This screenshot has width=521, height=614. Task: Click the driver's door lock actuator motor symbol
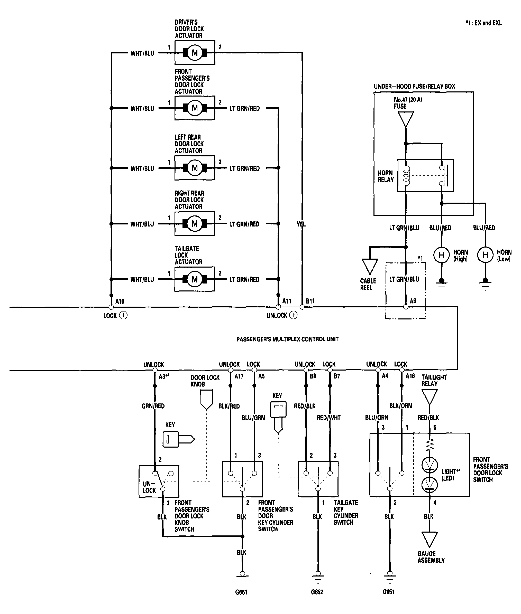pyautogui.click(x=195, y=53)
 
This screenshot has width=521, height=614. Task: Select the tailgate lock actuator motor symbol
pyautogui.click(x=195, y=279)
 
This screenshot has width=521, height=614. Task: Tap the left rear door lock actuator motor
pyautogui.click(x=195, y=168)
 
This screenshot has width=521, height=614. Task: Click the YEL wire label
pyautogui.click(x=301, y=224)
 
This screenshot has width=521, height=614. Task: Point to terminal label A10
pyautogui.click(x=120, y=301)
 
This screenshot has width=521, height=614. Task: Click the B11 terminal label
pyautogui.click(x=310, y=301)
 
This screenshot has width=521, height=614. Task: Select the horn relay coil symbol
pyautogui.click(x=406, y=176)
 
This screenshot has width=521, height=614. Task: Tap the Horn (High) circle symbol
pyautogui.click(x=441, y=255)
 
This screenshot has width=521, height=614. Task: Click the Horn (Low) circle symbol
pyautogui.click(x=485, y=255)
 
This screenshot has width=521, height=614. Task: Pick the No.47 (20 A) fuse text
pyautogui.click(x=408, y=103)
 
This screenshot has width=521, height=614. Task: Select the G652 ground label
pyautogui.click(x=317, y=592)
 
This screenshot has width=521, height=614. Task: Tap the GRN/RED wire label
pyautogui.click(x=153, y=406)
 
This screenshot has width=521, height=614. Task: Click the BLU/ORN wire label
pyautogui.click(x=377, y=418)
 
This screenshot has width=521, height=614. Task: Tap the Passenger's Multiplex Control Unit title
pyautogui.click(x=287, y=339)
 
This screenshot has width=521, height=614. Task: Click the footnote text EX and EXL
pyautogui.click(x=484, y=23)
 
